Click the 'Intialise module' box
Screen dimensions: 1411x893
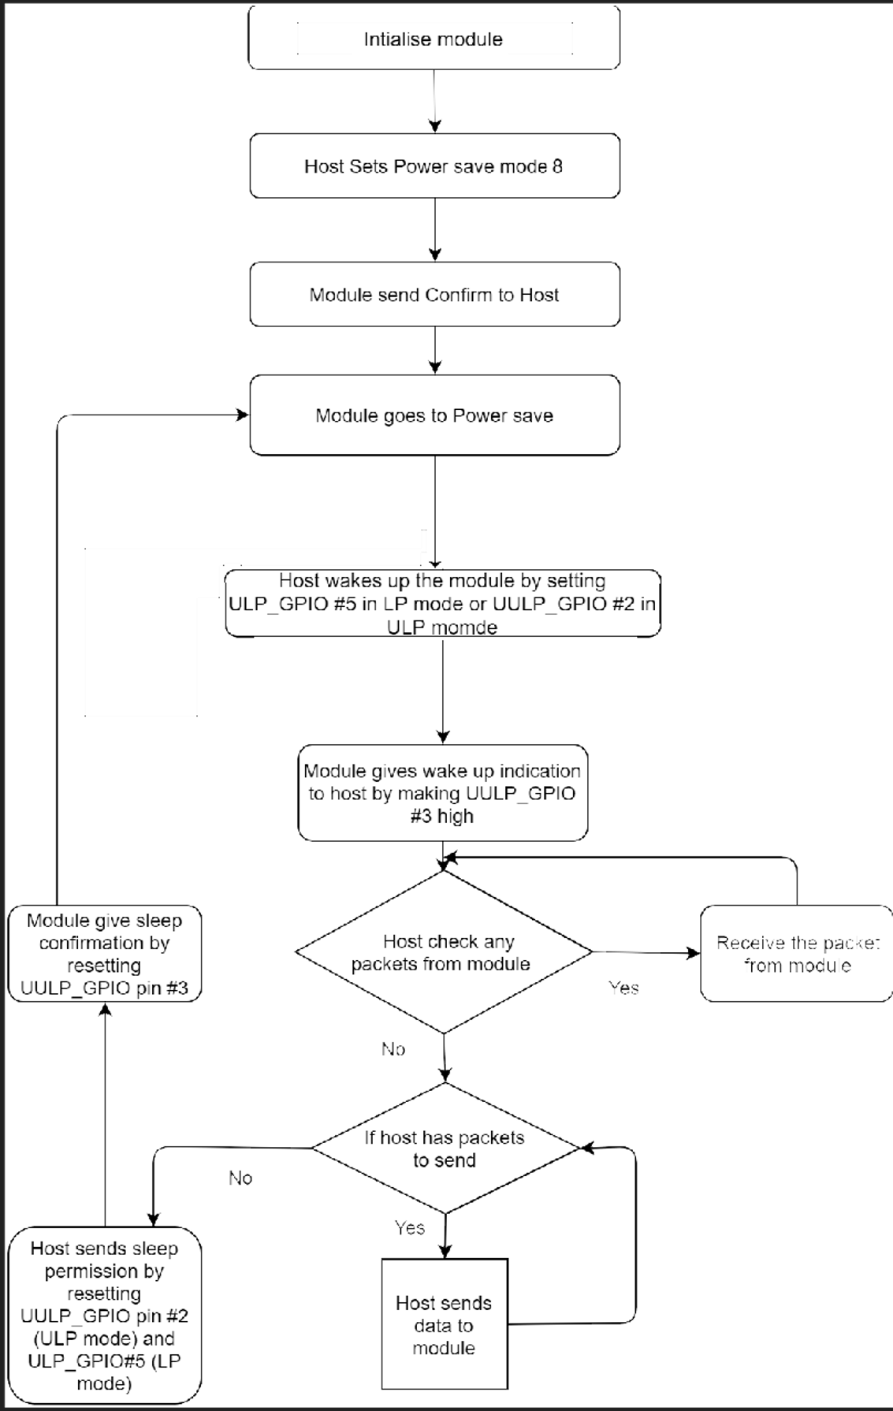coord(433,39)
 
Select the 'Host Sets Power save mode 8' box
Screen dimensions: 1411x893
coord(433,166)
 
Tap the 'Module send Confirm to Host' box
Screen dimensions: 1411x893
coord(433,295)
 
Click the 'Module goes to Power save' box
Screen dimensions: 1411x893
coord(433,415)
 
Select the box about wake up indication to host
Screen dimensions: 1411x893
coord(442,793)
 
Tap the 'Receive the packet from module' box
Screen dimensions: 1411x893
coord(796,954)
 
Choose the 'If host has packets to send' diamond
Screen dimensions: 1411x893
coord(445,1149)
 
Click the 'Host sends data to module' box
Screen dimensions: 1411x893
coord(444,1325)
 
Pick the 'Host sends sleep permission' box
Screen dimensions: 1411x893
coord(104,1315)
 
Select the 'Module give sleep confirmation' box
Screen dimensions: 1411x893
coord(104,954)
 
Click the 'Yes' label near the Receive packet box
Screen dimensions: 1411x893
coord(623,988)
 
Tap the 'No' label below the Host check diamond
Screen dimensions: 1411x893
coord(393,1049)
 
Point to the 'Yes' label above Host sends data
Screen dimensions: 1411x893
coord(410,1227)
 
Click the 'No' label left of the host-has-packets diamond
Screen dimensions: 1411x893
coord(240,1178)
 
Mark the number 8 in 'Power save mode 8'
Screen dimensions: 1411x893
coord(557,166)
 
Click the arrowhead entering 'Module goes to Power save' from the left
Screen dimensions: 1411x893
coord(243,415)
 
